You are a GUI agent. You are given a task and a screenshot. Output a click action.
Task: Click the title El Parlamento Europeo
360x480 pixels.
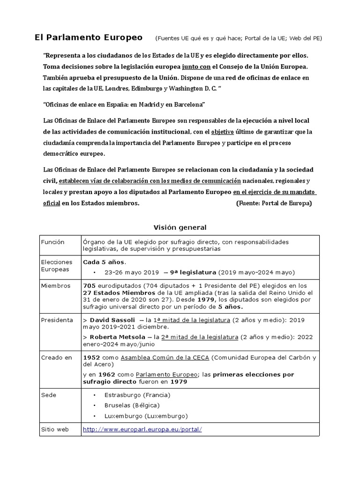tap(89, 37)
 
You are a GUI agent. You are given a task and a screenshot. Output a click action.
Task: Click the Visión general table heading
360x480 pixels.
tap(180, 227)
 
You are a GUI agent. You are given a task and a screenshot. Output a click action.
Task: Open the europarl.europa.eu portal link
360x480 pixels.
tap(142, 429)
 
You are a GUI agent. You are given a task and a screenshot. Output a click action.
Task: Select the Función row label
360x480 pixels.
tap(52, 242)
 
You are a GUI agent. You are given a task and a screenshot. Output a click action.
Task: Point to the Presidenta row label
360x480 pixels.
tap(57, 320)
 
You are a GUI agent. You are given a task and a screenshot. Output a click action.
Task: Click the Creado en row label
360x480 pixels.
tap(56, 358)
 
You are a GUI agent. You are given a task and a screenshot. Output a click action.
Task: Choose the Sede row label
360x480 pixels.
tap(48, 395)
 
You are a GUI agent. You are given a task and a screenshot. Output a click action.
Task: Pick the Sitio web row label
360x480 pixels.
tap(55, 429)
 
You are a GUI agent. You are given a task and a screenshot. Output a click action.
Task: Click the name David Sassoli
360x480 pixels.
tap(111, 320)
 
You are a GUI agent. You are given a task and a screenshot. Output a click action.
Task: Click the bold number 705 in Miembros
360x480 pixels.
tap(89, 285)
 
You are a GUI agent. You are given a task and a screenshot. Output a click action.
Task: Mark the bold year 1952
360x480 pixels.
tap(91, 358)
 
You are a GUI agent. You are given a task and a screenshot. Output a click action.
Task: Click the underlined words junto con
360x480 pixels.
tap(199, 67)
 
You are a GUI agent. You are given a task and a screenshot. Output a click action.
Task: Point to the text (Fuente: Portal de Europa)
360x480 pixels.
tap(273, 203)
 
